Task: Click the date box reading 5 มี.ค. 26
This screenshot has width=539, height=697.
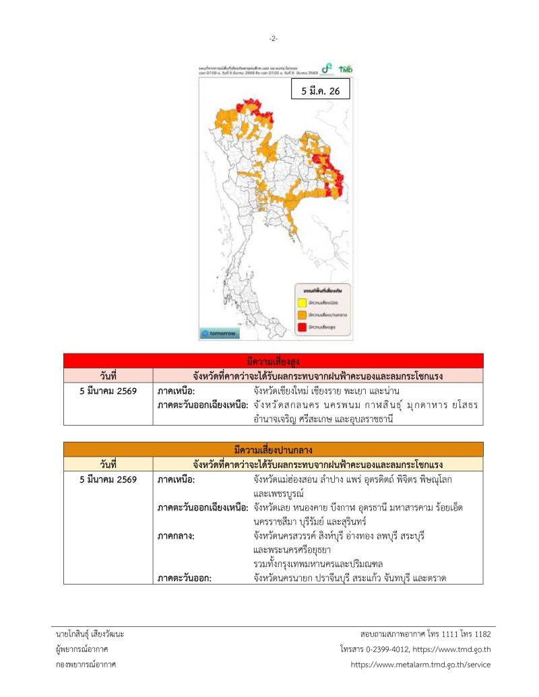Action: [320, 89]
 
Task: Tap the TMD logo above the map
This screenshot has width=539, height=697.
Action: [346, 69]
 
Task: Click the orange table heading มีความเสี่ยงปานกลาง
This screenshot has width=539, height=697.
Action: [273, 450]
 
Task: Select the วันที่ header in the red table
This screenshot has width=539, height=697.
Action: [108, 375]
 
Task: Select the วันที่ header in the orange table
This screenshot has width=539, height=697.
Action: [108, 464]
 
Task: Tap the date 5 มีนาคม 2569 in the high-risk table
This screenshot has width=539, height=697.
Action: [108, 391]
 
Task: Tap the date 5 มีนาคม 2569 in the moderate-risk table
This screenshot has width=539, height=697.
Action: [108, 479]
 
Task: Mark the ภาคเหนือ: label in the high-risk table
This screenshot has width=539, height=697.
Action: [177, 391]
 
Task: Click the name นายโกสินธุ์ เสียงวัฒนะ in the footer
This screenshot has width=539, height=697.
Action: [90, 634]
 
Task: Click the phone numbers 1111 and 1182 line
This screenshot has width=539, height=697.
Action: [426, 634]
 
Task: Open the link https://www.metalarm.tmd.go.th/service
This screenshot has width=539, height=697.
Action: [421, 664]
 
